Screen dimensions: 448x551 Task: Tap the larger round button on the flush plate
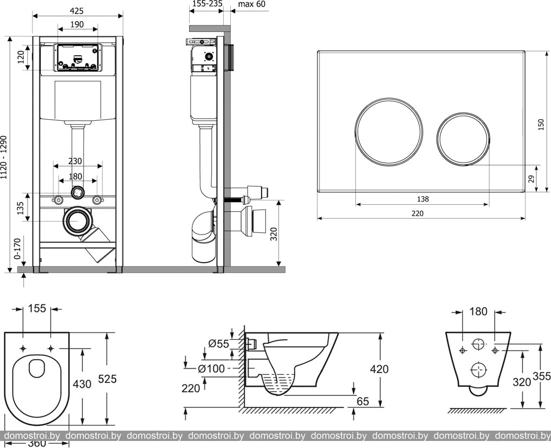point(388,132)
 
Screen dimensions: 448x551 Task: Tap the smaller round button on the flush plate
point(463,139)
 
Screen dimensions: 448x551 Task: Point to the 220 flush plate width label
point(417,213)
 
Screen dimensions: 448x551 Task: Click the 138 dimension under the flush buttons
point(423,199)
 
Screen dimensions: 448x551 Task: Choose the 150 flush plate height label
point(540,124)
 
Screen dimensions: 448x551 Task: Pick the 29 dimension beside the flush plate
point(531,178)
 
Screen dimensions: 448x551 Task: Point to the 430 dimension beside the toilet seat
point(82,384)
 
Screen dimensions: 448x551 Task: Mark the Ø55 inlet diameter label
point(219,343)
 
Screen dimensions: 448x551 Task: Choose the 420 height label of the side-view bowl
point(379,369)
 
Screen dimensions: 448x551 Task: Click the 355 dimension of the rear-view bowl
point(541,376)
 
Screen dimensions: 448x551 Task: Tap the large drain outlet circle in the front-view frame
point(77,221)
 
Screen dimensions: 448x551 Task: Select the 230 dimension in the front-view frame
point(75,161)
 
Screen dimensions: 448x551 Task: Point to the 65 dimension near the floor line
point(363,401)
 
